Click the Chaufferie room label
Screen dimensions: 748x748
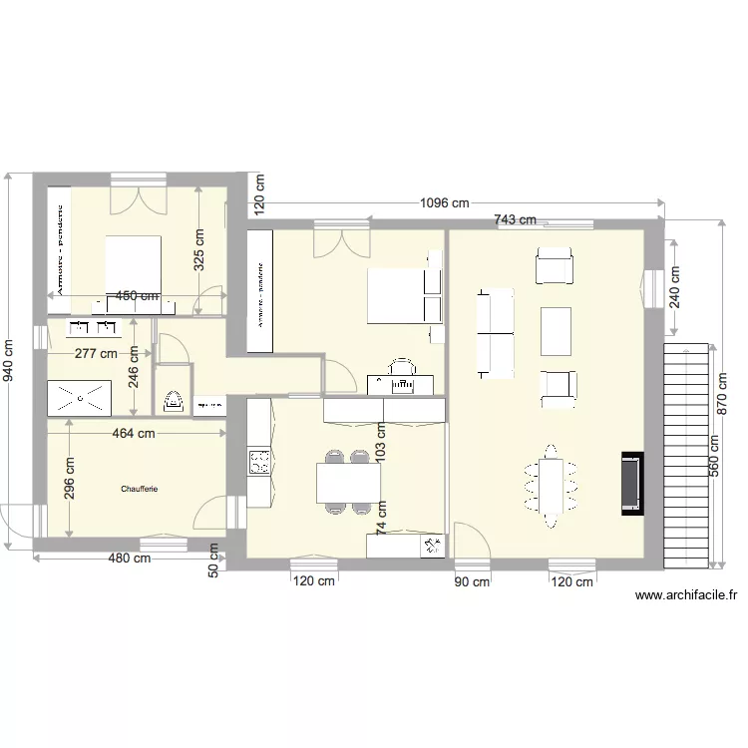(x=140, y=489)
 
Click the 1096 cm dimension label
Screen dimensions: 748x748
(x=444, y=203)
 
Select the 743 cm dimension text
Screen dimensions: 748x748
(x=516, y=220)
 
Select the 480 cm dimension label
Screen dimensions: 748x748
(x=130, y=559)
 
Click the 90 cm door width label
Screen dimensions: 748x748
(x=472, y=581)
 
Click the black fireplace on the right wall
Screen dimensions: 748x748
(x=632, y=484)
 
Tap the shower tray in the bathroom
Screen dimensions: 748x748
(x=80, y=396)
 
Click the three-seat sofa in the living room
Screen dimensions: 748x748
(x=496, y=334)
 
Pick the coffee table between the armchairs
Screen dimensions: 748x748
(x=556, y=332)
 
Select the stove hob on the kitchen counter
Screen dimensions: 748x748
(x=259, y=462)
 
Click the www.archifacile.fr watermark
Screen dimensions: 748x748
(x=686, y=596)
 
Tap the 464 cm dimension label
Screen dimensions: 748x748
(x=133, y=433)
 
